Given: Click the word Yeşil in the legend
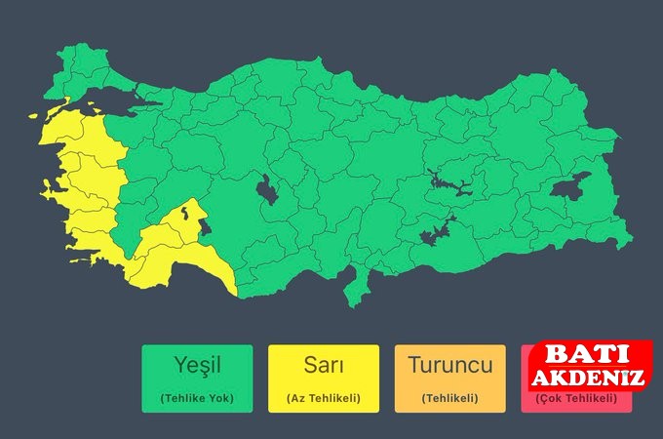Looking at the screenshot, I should click(197, 367).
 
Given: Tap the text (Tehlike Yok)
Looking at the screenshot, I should click(197, 398).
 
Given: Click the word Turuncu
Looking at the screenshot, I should click(449, 367).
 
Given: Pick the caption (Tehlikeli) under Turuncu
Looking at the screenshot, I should click(449, 398).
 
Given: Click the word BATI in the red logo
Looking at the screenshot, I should click(582, 355).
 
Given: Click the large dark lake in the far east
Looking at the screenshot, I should click(570, 188).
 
